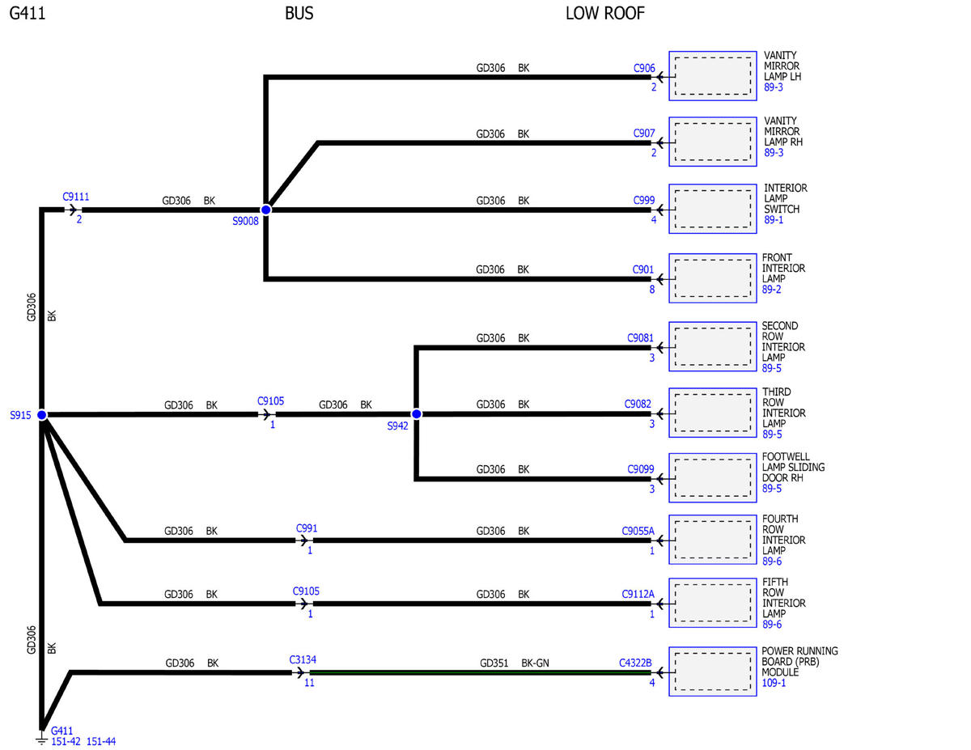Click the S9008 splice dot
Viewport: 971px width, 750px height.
pyautogui.click(x=266, y=210)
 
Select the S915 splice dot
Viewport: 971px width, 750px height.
pyautogui.click(x=42, y=415)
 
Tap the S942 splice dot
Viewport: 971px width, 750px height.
pyautogui.click(x=416, y=414)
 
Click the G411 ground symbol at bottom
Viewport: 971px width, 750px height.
pyautogui.click(x=41, y=739)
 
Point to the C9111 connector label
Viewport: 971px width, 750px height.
pyautogui.click(x=75, y=197)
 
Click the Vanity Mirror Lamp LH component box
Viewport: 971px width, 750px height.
pyautogui.click(x=712, y=76)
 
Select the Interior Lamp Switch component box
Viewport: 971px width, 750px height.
pyautogui.click(x=712, y=209)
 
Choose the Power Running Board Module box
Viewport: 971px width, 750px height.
pyautogui.click(x=712, y=672)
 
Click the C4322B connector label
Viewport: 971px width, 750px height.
pyautogui.click(x=635, y=663)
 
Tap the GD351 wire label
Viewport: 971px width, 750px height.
pyautogui.click(x=494, y=663)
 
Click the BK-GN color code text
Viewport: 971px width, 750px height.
pyautogui.click(x=535, y=663)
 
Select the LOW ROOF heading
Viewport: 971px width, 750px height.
pyautogui.click(x=604, y=14)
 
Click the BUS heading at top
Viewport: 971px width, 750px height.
pyautogui.click(x=299, y=14)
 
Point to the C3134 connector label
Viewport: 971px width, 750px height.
pyautogui.click(x=303, y=659)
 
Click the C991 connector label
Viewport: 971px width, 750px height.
pyautogui.click(x=307, y=528)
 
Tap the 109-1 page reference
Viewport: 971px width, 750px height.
pyautogui.click(x=774, y=683)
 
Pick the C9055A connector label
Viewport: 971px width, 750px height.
pyautogui.click(x=638, y=531)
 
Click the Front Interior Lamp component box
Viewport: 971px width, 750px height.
pyautogui.click(x=712, y=278)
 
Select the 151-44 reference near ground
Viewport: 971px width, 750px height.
pyautogui.click(x=100, y=742)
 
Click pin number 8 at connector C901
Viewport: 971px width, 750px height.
pyautogui.click(x=652, y=290)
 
